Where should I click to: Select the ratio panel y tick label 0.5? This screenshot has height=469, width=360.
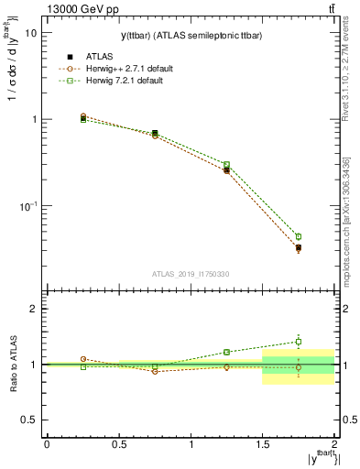[x=29, y=420]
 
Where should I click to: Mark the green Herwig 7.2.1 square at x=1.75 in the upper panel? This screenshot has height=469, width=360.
[x=299, y=236]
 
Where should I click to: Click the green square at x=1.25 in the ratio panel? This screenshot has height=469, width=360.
[x=226, y=352]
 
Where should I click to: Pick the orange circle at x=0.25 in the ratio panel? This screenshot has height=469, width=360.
[x=82, y=359]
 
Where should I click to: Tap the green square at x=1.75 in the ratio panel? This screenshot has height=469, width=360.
[x=299, y=342]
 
